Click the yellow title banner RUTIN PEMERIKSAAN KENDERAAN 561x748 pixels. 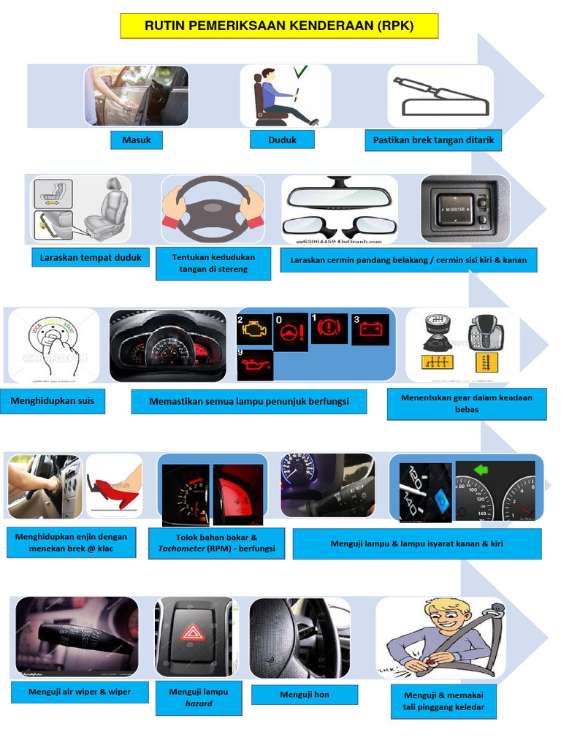click(x=279, y=26)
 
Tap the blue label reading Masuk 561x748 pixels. click(x=137, y=140)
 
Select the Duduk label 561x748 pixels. click(x=282, y=140)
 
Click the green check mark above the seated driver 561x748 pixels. click(x=300, y=72)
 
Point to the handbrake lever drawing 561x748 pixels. click(x=440, y=96)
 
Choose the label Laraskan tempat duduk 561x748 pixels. click(x=91, y=258)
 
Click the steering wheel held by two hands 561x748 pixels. click(x=213, y=208)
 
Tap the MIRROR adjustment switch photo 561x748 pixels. click(x=465, y=209)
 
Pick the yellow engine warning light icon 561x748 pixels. click(x=253, y=329)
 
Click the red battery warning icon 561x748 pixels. click(x=370, y=329)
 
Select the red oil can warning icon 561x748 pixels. click(x=255, y=365)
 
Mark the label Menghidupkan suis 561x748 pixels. click(x=53, y=401)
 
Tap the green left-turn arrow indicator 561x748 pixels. click(x=481, y=470)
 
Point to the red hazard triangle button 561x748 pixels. click(x=192, y=633)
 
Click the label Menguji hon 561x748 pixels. click(x=305, y=695)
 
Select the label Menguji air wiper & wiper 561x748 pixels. click(x=80, y=692)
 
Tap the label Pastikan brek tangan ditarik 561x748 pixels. click(x=433, y=140)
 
